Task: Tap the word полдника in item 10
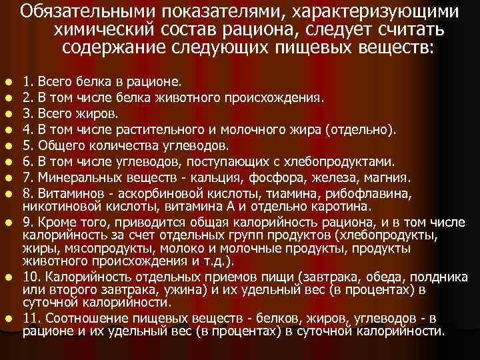pos(430,277)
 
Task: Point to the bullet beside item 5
pos(8,145)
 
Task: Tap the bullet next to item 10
pos(8,277)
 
